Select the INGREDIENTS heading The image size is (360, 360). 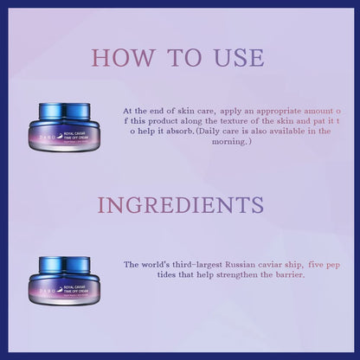[x=180, y=204]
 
